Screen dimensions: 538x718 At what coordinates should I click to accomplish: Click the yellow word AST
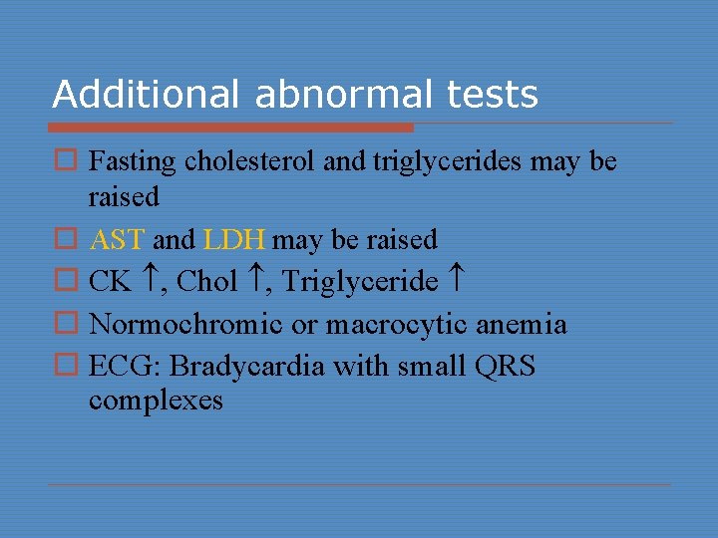[x=118, y=240]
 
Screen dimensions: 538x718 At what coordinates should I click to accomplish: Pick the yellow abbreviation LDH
[x=233, y=240]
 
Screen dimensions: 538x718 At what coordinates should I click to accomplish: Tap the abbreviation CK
[x=110, y=283]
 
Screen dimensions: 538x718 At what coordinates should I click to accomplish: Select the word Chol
[x=207, y=283]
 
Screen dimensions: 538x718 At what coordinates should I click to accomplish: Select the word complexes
[x=156, y=401]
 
